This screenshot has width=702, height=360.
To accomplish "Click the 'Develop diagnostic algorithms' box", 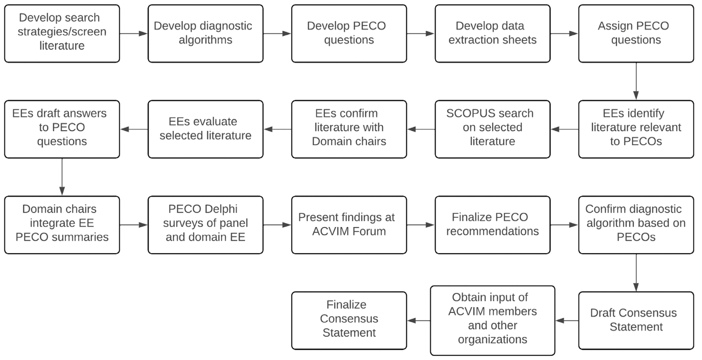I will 206,34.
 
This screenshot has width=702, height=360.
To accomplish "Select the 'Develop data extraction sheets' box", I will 493,34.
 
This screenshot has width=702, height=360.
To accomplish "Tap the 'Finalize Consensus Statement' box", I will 349,320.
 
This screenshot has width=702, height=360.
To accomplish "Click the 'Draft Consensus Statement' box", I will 636,320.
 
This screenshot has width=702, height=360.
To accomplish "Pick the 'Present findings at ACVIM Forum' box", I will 349,225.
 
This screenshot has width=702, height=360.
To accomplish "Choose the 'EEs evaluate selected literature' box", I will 206,129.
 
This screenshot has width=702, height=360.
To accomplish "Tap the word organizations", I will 493,339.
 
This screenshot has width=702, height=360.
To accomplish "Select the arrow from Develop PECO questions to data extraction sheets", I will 421,34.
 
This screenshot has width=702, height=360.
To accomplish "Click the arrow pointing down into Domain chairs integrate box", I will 62,177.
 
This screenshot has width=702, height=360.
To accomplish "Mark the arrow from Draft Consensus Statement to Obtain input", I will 567,320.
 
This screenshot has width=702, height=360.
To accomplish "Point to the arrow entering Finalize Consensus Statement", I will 419,320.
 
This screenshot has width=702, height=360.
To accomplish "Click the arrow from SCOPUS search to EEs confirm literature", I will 421,129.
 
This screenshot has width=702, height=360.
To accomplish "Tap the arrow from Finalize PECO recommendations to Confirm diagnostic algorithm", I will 564,225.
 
